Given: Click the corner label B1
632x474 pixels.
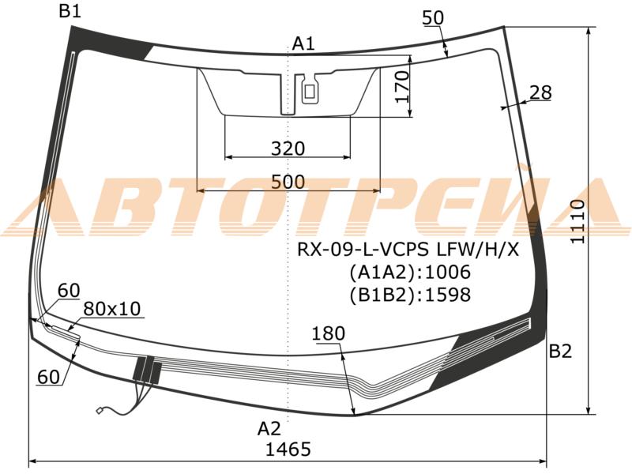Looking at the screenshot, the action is click(x=70, y=11).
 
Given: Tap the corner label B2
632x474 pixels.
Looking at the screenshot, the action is click(x=560, y=352).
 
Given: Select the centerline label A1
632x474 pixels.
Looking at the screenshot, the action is click(x=303, y=43).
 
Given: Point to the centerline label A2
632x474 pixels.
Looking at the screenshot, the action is click(x=269, y=429).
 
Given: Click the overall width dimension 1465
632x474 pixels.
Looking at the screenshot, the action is click(x=288, y=449).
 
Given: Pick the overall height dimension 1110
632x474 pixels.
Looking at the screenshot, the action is click(x=577, y=221).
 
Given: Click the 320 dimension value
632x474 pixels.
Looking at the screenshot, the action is click(x=288, y=149).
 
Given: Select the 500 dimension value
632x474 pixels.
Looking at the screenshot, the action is click(x=288, y=182).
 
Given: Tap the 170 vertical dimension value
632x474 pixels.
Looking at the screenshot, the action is click(x=402, y=87).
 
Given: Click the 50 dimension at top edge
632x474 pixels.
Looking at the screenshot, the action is click(x=433, y=17).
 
